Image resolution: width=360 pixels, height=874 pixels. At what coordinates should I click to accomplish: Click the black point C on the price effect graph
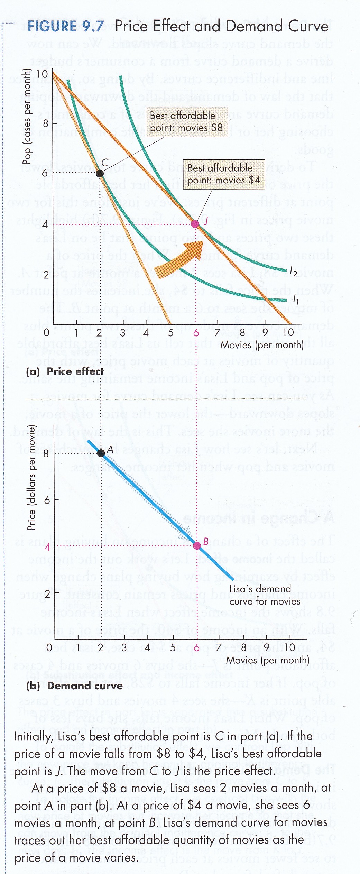pyautogui.click(x=100, y=173)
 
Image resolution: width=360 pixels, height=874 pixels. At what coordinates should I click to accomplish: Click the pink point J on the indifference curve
pyautogui.click(x=195, y=224)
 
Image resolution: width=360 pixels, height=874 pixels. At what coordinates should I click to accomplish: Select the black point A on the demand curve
pyautogui.click(x=101, y=453)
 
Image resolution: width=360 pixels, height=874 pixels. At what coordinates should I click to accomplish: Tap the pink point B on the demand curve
pyautogui.click(x=197, y=545)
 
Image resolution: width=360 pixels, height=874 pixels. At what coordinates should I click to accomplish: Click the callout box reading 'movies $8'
pyautogui.click(x=186, y=122)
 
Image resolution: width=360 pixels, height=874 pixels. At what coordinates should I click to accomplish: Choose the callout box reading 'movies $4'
pyautogui.click(x=224, y=174)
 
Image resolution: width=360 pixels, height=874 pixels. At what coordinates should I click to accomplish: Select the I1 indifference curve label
pyautogui.click(x=295, y=298)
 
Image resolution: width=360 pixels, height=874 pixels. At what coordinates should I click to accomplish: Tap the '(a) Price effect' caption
pyautogui.click(x=65, y=371)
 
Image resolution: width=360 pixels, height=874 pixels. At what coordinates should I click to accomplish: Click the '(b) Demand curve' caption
pyautogui.click(x=74, y=686)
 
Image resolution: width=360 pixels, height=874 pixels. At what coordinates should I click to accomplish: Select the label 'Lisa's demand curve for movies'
pyautogui.click(x=265, y=595)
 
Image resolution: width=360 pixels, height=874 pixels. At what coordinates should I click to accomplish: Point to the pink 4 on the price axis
pyautogui.click(x=47, y=546)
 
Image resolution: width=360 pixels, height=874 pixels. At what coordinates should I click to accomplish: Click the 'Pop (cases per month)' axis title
pyautogui.click(x=27, y=116)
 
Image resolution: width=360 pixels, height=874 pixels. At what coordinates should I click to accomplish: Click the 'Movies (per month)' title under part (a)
pyautogui.click(x=262, y=345)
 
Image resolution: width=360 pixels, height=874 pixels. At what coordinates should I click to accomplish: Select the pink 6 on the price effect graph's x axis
pyautogui.click(x=196, y=333)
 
